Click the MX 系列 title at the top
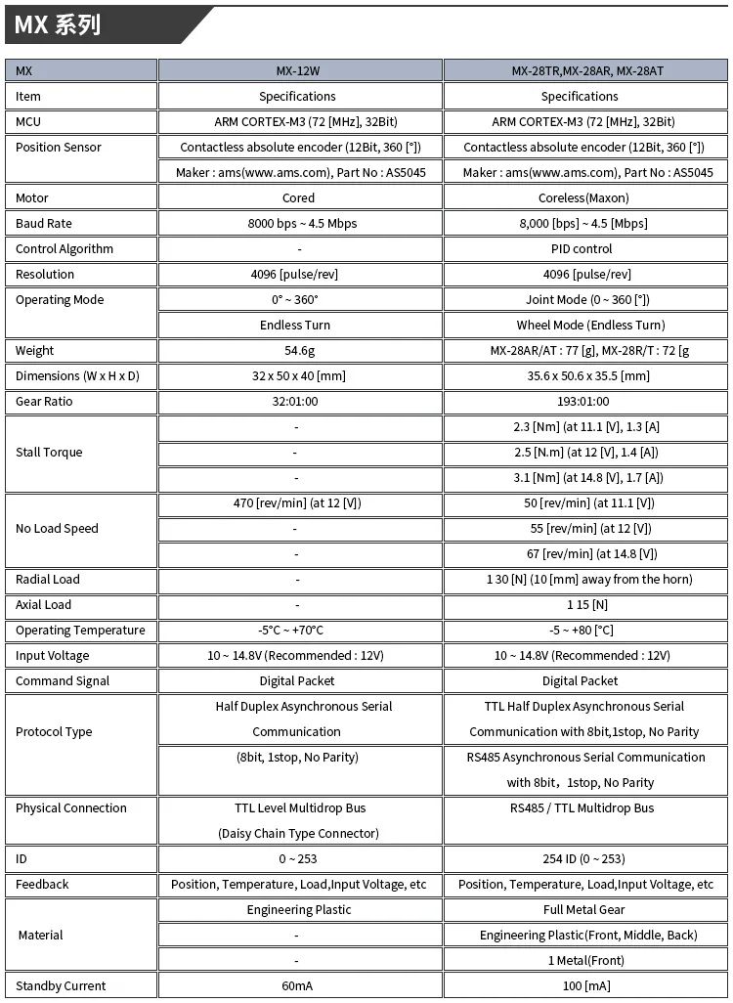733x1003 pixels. coord(58,25)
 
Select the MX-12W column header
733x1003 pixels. coord(298,71)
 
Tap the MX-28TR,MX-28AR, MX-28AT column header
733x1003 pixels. coord(580,71)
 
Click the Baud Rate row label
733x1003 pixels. coord(44,224)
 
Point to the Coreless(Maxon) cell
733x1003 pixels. coord(580,198)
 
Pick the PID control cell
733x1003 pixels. coord(580,249)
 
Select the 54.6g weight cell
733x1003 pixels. coord(298,351)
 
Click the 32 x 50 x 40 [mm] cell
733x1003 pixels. coord(298,376)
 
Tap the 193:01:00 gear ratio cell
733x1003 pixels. coord(580,402)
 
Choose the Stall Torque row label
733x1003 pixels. coord(49,453)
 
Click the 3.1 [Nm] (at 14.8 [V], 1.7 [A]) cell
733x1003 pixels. coord(580,478)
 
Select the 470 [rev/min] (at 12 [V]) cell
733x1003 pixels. coord(298,503)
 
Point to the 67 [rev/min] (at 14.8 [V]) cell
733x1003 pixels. coord(580,554)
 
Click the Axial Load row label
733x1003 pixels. coord(44,605)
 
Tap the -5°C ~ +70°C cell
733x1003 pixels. coord(298,631)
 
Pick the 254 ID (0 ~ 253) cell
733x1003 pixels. coord(580,859)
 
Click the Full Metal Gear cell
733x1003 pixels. coord(580,910)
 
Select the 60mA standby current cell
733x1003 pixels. coord(298,986)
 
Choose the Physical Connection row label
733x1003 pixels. coord(71,808)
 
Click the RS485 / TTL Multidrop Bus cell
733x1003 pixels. coord(580,808)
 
